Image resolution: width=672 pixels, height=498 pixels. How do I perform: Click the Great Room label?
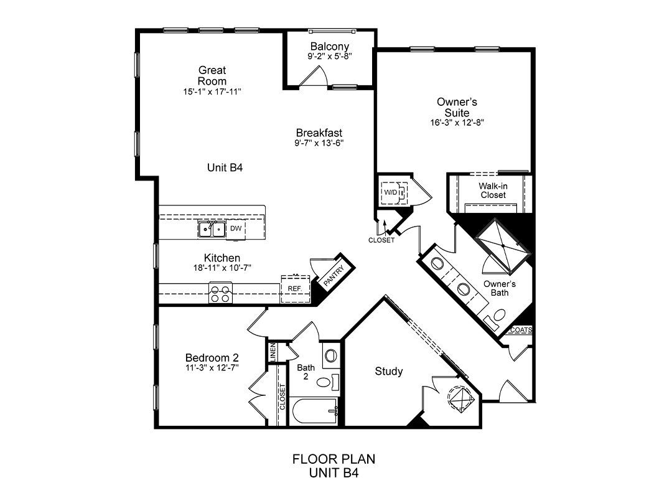(212, 75)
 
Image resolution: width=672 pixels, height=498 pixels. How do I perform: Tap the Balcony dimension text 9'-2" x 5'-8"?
(330, 56)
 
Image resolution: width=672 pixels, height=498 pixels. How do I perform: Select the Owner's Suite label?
(457, 107)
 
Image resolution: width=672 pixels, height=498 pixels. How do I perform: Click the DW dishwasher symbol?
(236, 228)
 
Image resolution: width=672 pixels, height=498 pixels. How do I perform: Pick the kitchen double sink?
(212, 229)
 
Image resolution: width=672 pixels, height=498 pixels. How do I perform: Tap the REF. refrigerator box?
(296, 289)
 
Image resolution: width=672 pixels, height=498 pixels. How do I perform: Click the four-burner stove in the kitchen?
(220, 293)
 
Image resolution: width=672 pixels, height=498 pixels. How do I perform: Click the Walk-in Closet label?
(493, 190)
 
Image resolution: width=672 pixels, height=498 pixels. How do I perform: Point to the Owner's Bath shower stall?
(503, 246)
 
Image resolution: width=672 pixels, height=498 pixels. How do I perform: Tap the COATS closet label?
(521, 330)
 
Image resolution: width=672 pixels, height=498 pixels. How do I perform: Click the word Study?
(389, 371)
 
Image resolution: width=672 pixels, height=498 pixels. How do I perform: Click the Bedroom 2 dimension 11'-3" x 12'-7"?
(212, 368)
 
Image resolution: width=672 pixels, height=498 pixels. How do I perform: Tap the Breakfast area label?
(319, 133)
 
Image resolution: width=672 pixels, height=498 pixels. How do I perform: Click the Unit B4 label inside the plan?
(225, 167)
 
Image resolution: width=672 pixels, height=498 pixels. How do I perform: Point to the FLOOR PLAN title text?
(334, 459)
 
